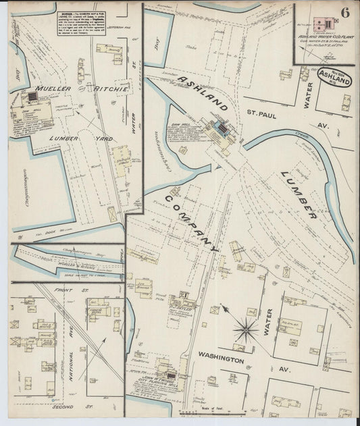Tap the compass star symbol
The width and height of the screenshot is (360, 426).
point(246,329)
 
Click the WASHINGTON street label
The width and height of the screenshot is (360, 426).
point(221,361)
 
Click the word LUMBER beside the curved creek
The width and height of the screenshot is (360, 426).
point(298,196)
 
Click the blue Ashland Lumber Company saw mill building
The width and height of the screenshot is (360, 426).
point(220,128)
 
